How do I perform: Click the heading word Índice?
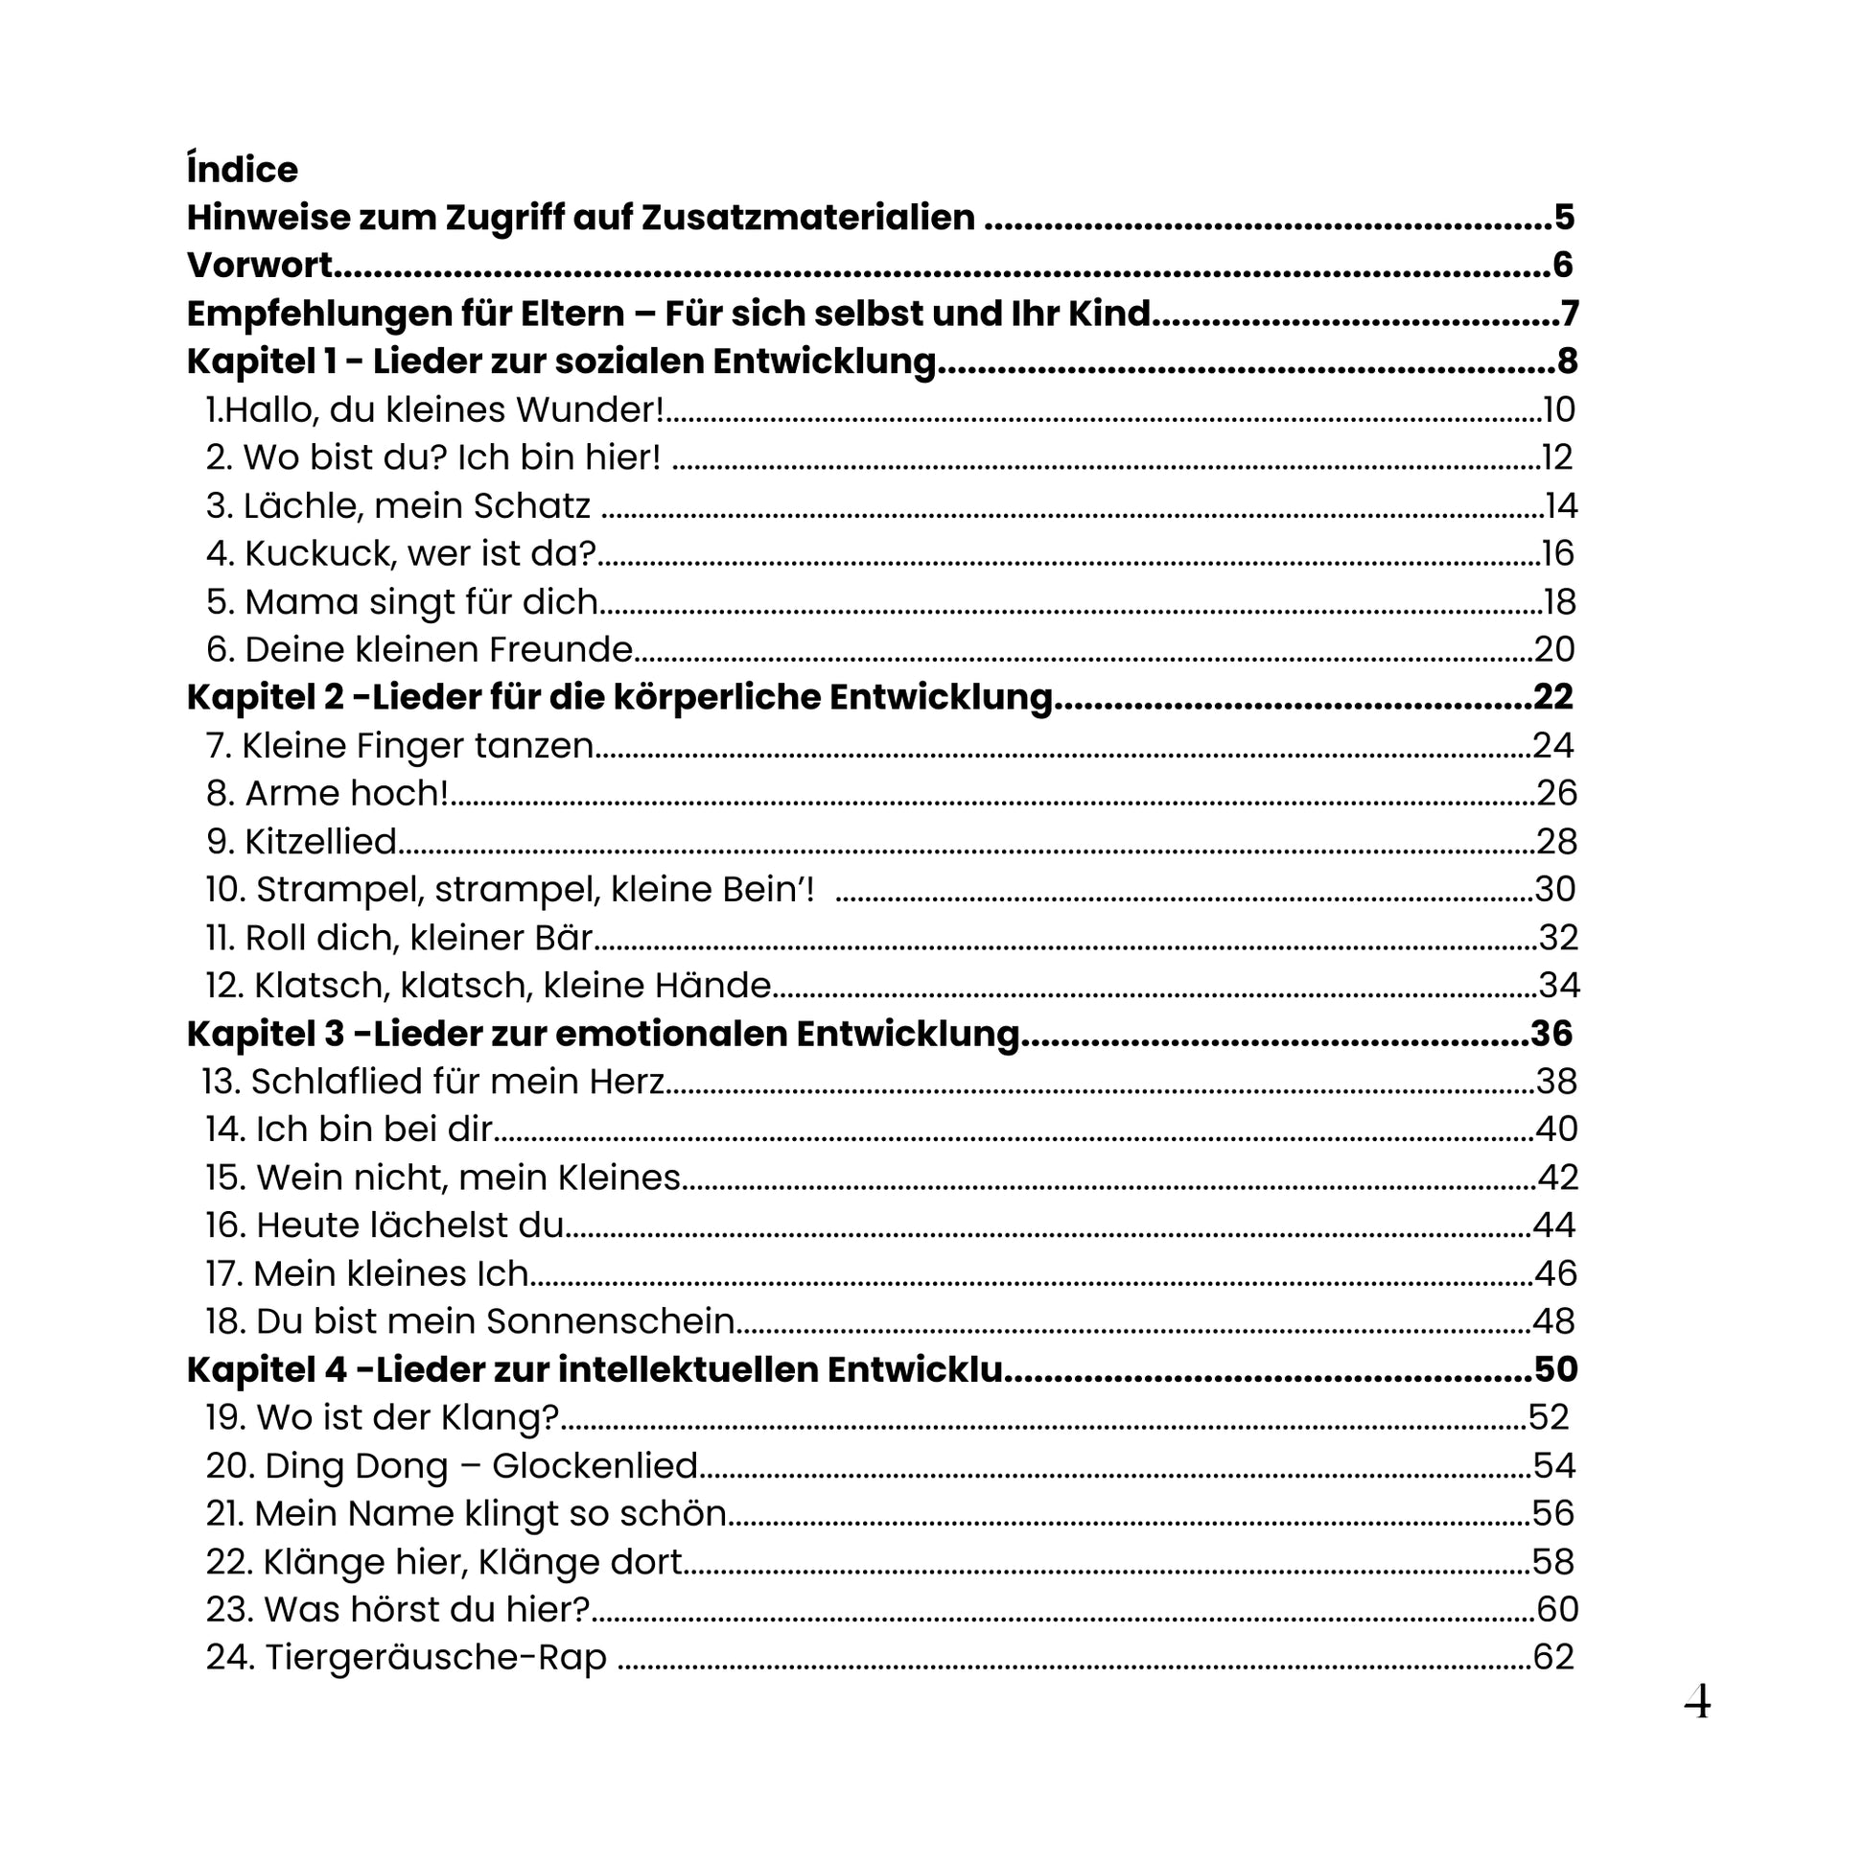click(242, 170)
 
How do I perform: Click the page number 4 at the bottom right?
click(1697, 1702)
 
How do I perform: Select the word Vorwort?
click(259, 266)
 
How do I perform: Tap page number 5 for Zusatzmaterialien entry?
click(1564, 218)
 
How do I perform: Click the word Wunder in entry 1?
click(588, 410)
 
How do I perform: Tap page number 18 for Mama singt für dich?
click(1560, 602)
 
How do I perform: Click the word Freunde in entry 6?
click(560, 650)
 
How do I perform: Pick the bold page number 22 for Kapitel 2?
click(1553, 697)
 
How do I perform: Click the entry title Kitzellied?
click(319, 842)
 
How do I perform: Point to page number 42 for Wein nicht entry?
click(1558, 1178)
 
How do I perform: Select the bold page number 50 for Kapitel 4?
click(1555, 1370)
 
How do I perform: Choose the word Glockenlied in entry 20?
click(594, 1466)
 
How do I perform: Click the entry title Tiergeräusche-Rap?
click(434, 1657)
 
